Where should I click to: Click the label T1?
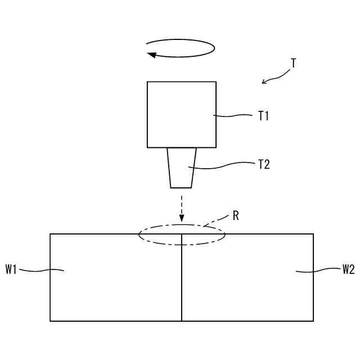pos(263,116)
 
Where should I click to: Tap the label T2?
pos(263,165)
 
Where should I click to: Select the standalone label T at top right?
pos(293,63)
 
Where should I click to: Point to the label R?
pos(237,215)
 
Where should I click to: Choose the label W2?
pos(348,270)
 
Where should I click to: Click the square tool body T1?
pos(181,114)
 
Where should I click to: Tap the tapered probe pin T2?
pos(181,168)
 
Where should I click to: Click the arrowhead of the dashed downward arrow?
pos(181,218)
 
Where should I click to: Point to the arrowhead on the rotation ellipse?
pos(151,55)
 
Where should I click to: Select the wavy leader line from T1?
pos(233,116)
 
